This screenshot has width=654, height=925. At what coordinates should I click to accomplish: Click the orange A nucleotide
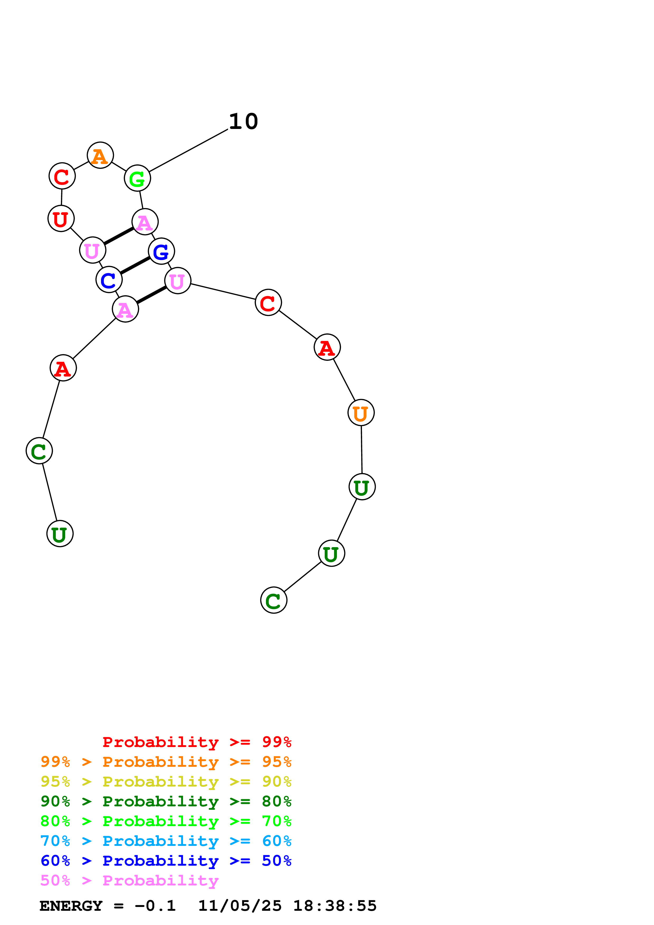click(100, 156)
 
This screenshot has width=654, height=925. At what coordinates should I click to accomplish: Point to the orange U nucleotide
click(361, 413)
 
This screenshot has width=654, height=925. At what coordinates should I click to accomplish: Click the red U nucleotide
click(61, 219)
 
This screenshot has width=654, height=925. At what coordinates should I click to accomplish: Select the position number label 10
click(244, 121)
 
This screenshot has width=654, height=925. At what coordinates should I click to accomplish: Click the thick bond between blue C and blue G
click(135, 266)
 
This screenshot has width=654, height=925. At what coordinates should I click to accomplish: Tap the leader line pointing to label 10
click(189, 151)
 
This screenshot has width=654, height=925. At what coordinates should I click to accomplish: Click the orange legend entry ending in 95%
click(166, 762)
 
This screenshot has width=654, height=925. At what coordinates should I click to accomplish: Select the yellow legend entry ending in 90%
click(166, 781)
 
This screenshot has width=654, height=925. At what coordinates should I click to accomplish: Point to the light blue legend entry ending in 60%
click(166, 841)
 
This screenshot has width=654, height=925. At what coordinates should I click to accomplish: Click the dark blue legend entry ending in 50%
click(166, 861)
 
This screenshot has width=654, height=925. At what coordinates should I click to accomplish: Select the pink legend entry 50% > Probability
click(129, 880)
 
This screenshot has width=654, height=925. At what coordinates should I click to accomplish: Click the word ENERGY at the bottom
click(71, 906)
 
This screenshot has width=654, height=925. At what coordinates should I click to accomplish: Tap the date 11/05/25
click(240, 906)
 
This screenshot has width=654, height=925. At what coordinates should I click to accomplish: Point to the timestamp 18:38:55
click(335, 906)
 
